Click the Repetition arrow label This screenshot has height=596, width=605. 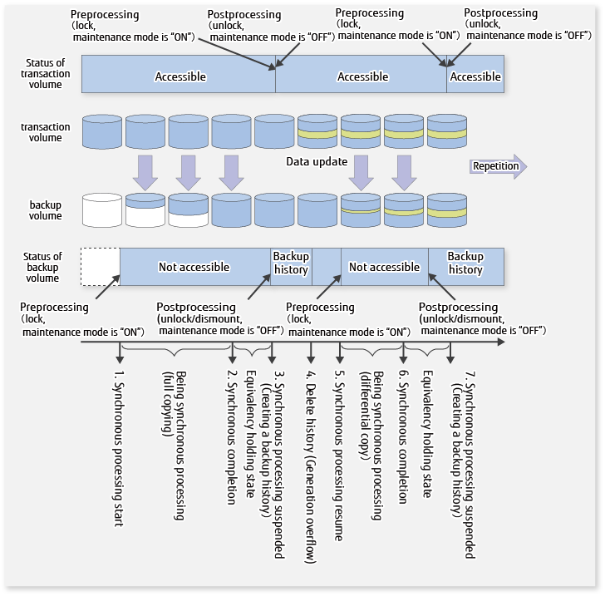click(496, 166)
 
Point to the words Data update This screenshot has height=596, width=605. click(317, 161)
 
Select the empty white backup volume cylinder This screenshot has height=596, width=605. click(103, 209)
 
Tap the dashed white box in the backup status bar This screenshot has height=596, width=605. click(101, 266)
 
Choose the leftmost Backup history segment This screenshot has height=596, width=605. click(291, 264)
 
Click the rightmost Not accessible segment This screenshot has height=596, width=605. click(384, 267)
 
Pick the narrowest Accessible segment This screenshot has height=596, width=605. click(475, 76)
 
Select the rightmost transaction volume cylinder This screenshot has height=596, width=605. click(448, 132)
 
